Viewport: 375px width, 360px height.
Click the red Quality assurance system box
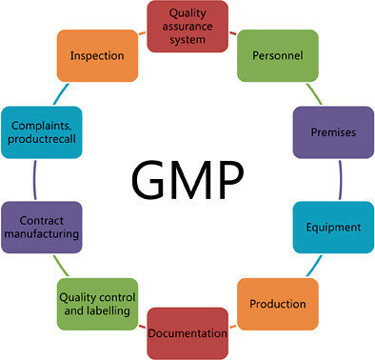pyautogui.click(x=188, y=26)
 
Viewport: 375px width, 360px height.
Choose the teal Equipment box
pyautogui.click(x=332, y=228)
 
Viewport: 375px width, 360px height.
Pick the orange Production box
pyautogui.click(x=277, y=304)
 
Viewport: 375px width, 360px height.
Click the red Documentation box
pyautogui.click(x=187, y=332)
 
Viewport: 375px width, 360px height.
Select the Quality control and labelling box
pyautogui.click(x=98, y=304)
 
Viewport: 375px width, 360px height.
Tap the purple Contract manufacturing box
pyautogui.click(x=40, y=227)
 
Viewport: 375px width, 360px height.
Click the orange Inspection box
pyautogui.click(x=98, y=55)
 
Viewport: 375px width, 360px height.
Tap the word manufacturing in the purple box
pyautogui.click(x=40, y=234)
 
